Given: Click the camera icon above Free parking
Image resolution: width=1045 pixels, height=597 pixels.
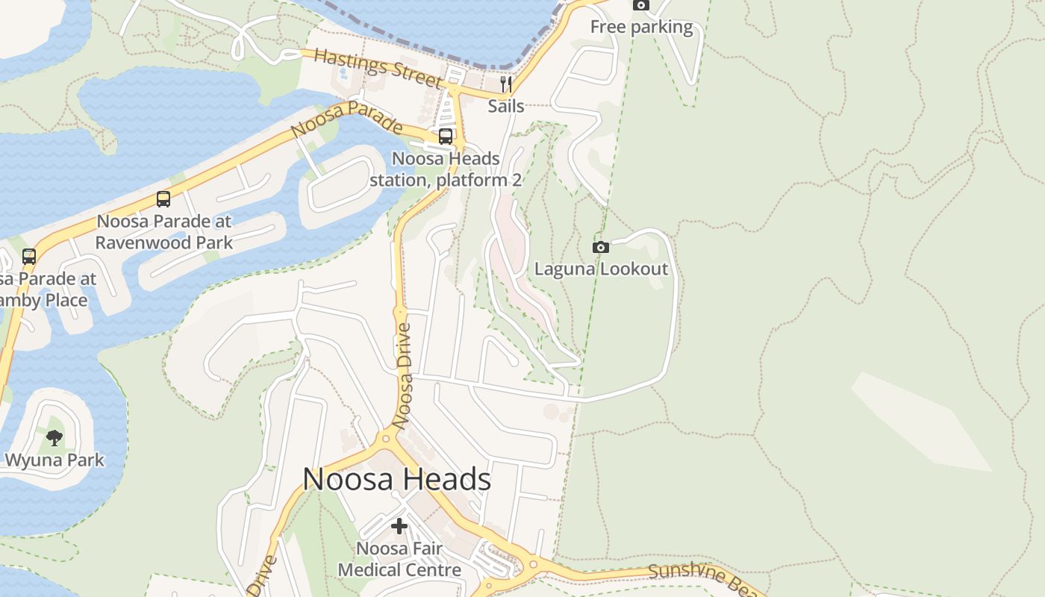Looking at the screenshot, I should point(640,5).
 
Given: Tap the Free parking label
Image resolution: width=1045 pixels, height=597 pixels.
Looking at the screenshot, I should point(641,28).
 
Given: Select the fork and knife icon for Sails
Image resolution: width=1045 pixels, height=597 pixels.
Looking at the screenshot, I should point(505,83).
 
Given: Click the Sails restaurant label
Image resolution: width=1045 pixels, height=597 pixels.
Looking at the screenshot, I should point(506,106).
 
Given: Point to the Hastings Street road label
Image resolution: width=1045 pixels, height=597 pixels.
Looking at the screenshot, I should point(378,66).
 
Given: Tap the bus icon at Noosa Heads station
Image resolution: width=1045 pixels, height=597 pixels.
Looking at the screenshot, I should point(446,136).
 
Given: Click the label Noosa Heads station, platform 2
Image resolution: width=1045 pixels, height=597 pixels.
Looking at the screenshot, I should point(446,169).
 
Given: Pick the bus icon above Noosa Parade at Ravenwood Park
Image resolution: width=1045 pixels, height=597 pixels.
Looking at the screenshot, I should point(163,199).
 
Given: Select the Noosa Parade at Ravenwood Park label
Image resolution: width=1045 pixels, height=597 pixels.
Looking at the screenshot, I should point(164,232).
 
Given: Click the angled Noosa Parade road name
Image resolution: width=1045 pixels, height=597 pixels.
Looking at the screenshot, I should point(346,119).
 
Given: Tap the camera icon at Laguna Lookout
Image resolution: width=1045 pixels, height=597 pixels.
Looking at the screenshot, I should point(600,247).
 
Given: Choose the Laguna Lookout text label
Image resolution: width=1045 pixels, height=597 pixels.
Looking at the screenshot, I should point(601,269).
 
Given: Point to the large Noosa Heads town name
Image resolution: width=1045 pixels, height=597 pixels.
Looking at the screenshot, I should point(396,479).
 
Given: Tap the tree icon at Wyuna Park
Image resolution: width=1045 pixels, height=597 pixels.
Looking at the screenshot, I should point(54,437).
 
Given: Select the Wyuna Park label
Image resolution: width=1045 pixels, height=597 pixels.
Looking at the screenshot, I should point(54,460).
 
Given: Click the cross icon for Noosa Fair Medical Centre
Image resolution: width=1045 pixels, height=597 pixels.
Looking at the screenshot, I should point(399,526).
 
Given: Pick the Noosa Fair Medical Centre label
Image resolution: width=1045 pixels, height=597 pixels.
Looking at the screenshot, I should point(399,560).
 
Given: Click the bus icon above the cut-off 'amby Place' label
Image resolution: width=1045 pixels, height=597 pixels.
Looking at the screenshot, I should point(29,257).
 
